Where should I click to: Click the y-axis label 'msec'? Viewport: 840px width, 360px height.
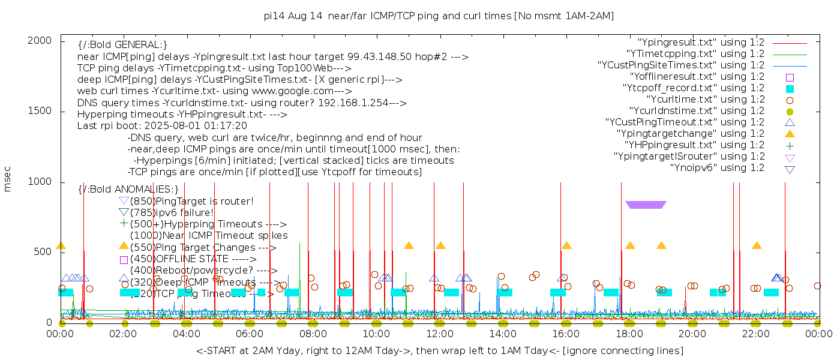8,179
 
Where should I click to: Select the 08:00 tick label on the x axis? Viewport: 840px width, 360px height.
313,334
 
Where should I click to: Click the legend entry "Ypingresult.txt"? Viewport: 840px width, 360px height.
701,43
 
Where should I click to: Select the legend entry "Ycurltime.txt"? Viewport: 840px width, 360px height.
705,100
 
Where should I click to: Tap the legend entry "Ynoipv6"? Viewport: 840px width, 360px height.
717,168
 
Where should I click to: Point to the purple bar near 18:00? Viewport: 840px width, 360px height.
646,205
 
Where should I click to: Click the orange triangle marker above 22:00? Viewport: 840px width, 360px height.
757,245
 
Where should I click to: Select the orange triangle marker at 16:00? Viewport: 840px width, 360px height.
566,245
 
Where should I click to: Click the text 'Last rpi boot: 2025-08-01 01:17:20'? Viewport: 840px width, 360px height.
162,126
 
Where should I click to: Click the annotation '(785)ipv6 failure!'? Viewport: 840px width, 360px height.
171,212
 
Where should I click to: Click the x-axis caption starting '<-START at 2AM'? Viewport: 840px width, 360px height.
439,350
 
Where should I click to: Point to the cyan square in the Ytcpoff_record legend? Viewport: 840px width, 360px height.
790,88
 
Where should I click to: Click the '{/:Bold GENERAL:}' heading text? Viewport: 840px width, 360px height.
122,45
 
